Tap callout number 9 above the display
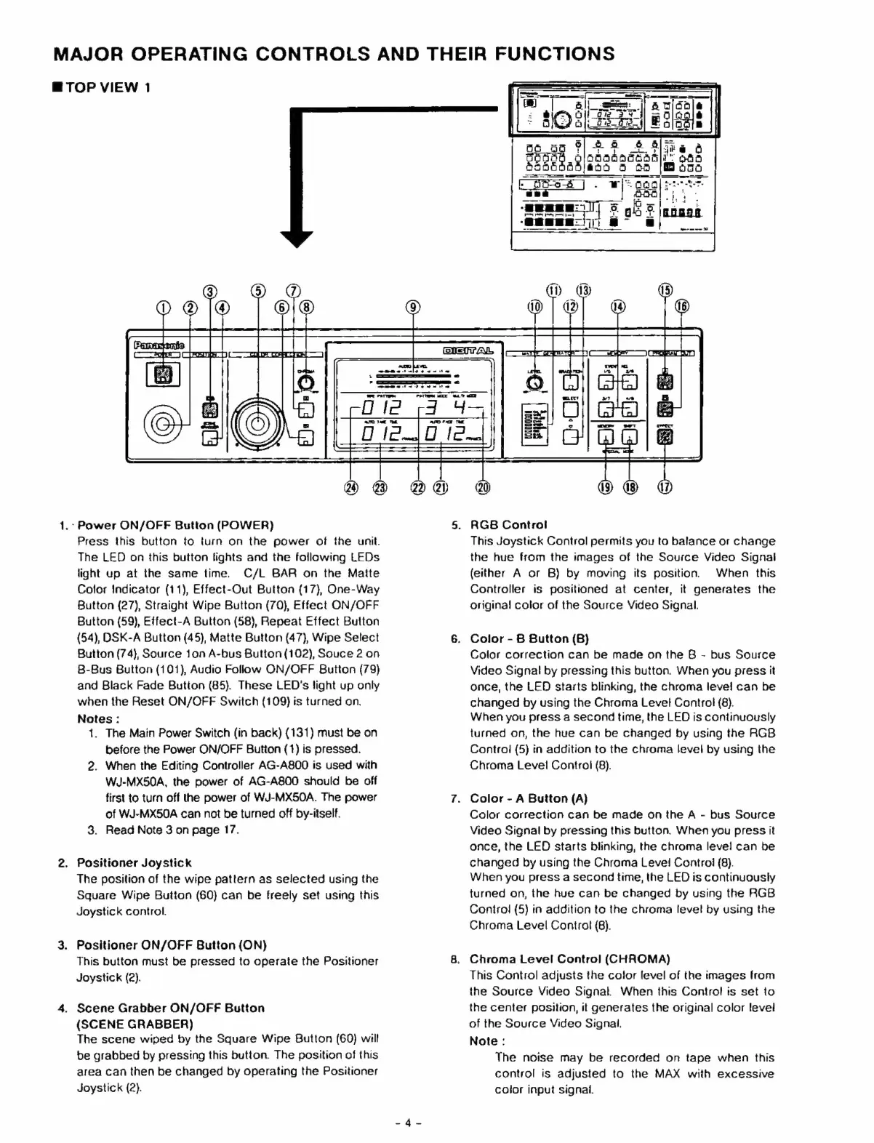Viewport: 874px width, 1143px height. pos(413,307)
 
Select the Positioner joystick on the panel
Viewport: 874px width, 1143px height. pos(163,422)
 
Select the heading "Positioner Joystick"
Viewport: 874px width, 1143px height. pos(135,863)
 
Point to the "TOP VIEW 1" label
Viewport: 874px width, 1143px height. pos(101,88)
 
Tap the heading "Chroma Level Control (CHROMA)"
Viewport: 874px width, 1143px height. pos(569,958)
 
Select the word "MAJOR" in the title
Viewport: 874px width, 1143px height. pos(87,54)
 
